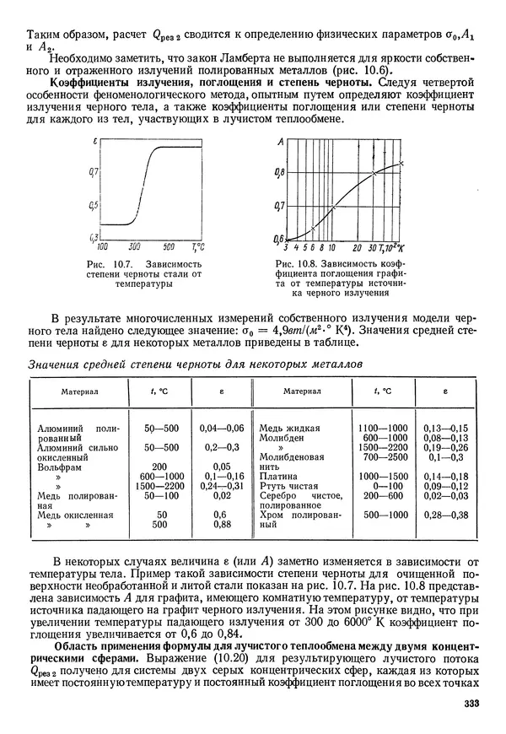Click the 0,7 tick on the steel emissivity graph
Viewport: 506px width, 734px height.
(94, 171)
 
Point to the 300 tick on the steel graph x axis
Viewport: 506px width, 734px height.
(135, 247)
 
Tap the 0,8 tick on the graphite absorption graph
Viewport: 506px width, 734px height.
(278, 173)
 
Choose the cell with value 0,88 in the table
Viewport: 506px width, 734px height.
(222, 524)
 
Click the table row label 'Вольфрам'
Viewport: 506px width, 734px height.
(58, 466)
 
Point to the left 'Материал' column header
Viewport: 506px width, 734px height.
(79, 391)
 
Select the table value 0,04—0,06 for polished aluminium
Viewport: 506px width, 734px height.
(222, 429)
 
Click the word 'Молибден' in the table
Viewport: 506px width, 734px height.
(283, 439)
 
